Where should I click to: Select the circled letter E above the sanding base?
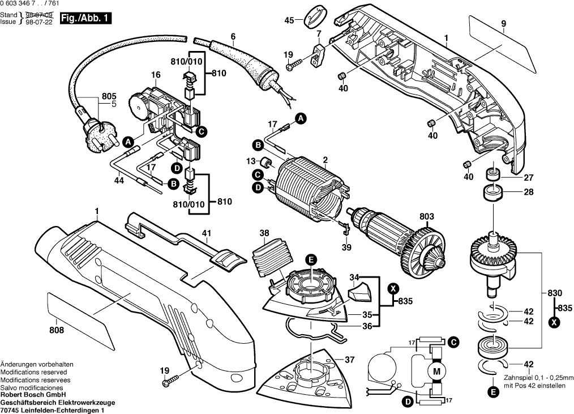pyautogui.click(x=310, y=259)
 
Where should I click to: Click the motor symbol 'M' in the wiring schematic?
pyautogui.click(x=436, y=372)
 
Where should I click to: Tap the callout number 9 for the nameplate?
pyautogui.click(x=503, y=24)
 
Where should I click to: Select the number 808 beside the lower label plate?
pyautogui.click(x=57, y=330)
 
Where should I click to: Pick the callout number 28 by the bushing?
pyautogui.click(x=528, y=193)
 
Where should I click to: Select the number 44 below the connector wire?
pyautogui.click(x=119, y=181)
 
